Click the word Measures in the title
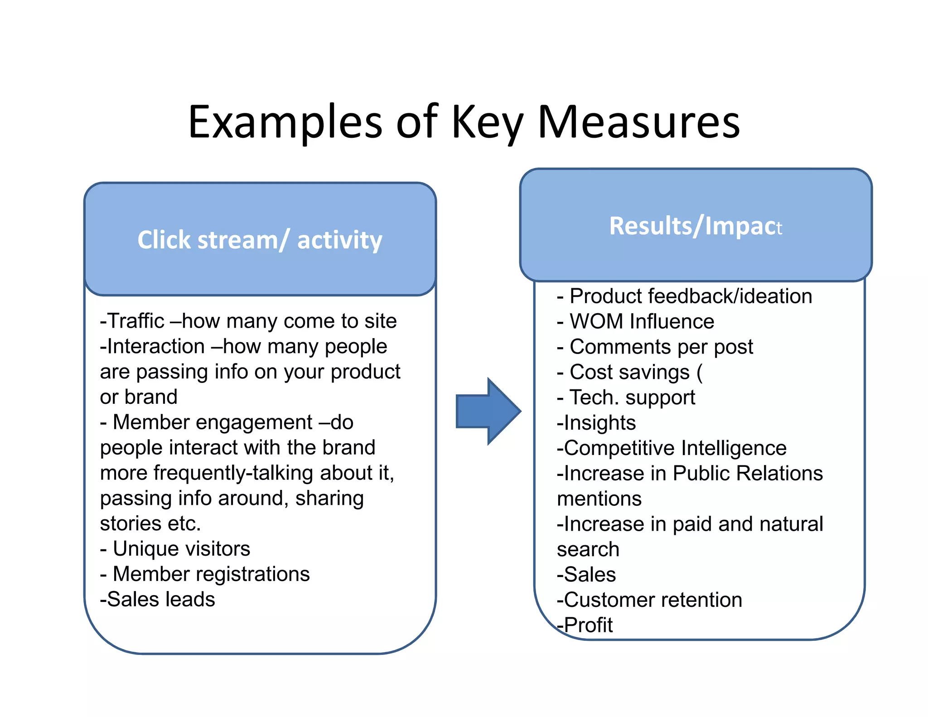point(638,122)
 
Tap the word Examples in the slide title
point(285,122)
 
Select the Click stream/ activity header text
point(260,240)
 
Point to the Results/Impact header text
point(695,226)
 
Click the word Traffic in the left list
point(136,321)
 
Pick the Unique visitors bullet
point(181,549)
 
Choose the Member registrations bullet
point(211,574)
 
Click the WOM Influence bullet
point(641,322)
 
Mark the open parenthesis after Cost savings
point(699,372)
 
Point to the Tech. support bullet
point(632,397)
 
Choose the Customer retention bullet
point(652,600)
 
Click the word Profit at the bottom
point(588,625)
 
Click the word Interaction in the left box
point(156,347)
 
